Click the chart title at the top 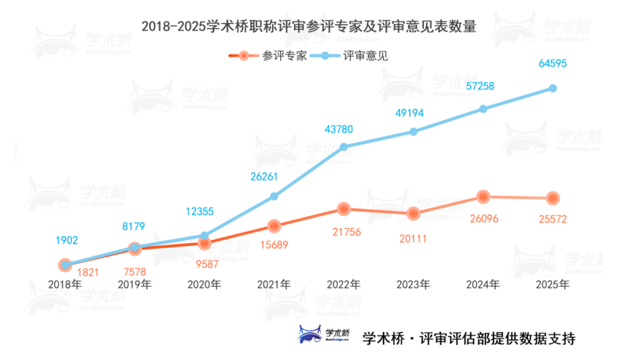coord(308,26)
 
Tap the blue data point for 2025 coord(553,88)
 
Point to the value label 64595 coord(553,64)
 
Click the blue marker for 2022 coord(343,147)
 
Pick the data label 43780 coord(339,129)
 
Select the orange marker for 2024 coord(483,197)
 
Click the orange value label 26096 coord(483,219)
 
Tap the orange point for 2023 coord(413,214)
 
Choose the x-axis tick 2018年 coord(65,284)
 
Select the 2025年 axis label coord(553,284)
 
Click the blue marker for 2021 coord(274,196)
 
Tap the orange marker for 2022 coord(343,209)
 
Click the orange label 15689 coord(274,244)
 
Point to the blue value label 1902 coord(66,240)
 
